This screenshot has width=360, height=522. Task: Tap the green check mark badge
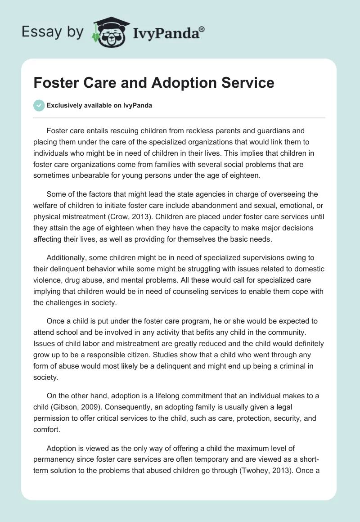[x=39, y=105]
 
